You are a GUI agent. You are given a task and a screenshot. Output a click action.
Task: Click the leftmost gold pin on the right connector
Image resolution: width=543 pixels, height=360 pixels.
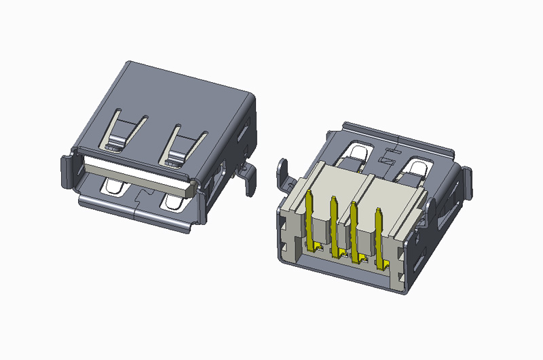[310, 217]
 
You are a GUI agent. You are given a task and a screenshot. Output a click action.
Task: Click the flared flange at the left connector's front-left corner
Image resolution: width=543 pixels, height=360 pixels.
[68, 166]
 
